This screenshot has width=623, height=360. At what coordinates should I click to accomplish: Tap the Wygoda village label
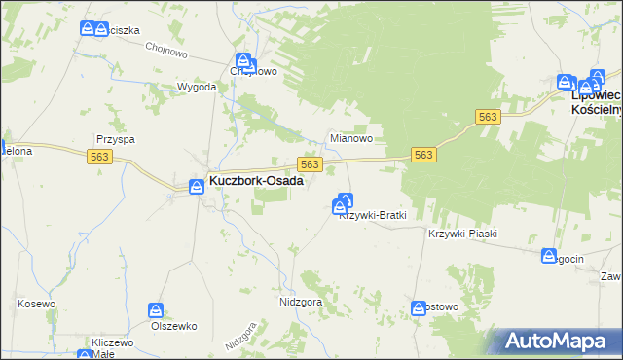196,87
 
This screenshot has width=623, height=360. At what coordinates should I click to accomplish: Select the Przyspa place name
115,139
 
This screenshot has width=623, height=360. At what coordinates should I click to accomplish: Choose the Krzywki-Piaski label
462,234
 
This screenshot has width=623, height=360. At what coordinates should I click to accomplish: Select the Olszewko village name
174,326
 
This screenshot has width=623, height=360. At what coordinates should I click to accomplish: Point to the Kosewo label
37,305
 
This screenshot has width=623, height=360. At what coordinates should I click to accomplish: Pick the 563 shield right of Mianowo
423,155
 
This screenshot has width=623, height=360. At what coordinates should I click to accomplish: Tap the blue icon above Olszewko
156,310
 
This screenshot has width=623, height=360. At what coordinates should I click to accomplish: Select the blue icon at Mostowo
419,306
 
